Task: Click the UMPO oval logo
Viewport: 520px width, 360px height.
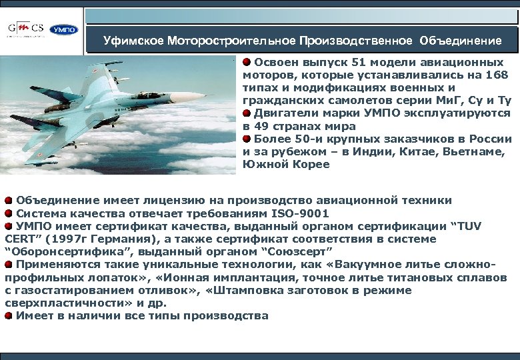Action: [65, 29]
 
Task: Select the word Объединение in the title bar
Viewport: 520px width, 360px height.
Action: [461, 41]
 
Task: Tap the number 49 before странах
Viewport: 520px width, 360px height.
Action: [266, 126]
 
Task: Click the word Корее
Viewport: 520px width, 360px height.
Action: [312, 165]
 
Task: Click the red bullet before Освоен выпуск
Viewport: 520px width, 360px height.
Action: [247, 63]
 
